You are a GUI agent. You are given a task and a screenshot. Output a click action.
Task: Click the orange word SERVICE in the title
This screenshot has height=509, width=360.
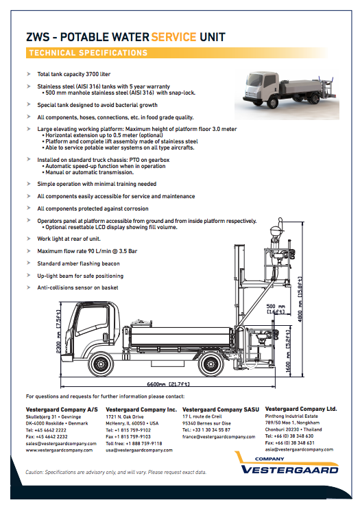(174, 37)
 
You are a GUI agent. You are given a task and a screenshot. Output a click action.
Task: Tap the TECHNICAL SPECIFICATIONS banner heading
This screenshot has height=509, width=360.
(88, 53)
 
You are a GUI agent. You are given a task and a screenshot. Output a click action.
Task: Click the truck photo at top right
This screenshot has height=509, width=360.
(287, 94)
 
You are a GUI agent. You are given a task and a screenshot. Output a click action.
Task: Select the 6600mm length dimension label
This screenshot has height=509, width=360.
(168, 384)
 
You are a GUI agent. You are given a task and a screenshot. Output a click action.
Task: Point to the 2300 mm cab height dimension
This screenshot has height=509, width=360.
(58, 331)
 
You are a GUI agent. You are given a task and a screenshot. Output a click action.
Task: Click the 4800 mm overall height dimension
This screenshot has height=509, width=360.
(300, 299)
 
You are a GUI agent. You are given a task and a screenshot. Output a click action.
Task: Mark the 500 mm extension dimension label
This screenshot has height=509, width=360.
(276, 309)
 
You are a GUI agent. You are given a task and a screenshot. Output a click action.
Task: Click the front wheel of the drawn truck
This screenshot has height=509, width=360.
(101, 364)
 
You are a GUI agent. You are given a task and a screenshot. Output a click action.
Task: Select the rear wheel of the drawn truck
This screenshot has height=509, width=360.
(211, 364)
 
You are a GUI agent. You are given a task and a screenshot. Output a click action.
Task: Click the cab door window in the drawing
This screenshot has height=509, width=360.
(92, 319)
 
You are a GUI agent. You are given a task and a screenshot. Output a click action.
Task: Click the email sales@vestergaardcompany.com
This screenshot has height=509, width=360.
(61, 443)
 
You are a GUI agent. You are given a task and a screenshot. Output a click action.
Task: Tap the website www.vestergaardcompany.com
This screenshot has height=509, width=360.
(59, 450)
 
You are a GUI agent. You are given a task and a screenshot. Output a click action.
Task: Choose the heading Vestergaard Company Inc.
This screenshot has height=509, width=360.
(141, 410)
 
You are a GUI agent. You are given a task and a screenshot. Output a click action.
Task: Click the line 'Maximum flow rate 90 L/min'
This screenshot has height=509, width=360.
(87, 251)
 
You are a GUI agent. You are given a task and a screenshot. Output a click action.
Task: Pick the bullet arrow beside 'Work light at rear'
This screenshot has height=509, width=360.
(29, 239)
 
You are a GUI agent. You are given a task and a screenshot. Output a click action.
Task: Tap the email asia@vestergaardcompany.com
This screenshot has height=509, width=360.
(299, 449)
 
